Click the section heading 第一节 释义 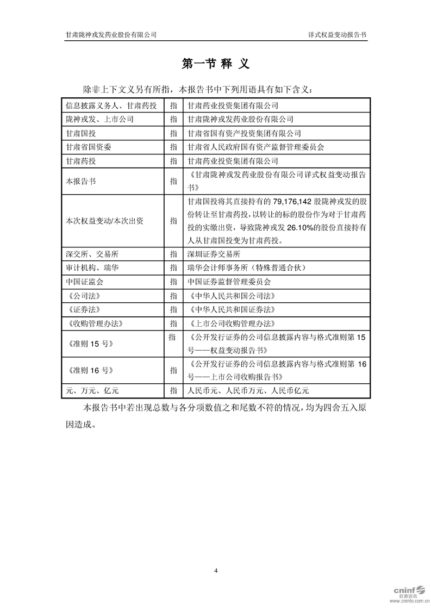tap(215, 64)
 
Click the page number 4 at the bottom tap(216, 570)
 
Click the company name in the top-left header tap(111, 34)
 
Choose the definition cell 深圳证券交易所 tap(213, 254)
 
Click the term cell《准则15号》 tap(89, 344)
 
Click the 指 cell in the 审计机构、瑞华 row tap(173, 268)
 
